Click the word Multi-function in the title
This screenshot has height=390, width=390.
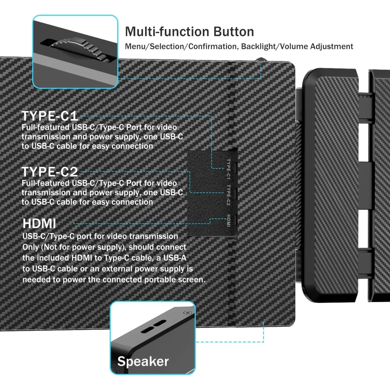pos(167,32)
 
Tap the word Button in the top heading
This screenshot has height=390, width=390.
pos(234,32)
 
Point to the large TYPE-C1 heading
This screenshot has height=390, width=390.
pos(50,116)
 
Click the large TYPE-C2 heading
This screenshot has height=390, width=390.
pos(50,172)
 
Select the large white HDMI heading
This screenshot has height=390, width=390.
pos(39,224)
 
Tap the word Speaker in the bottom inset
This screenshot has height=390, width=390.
pos(143,361)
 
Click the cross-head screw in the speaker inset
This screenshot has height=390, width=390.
pos(187,313)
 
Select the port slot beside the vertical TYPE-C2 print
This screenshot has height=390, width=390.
pos(235,193)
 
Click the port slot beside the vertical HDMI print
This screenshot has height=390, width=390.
pos(235,219)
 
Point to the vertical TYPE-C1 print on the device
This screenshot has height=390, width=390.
pos(228,169)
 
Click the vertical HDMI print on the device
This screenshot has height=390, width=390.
pos(228,221)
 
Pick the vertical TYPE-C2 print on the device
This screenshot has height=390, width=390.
pos(228,195)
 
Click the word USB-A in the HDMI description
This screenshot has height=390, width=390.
pos(175,258)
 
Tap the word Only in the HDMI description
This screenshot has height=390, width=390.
pos(31,247)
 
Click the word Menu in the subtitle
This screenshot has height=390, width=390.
pos(135,46)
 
